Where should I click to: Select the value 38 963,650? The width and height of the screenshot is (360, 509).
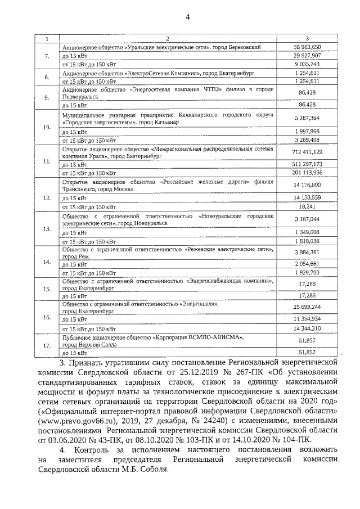click(x=307, y=47)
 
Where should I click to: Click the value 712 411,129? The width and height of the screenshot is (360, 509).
click(x=307, y=152)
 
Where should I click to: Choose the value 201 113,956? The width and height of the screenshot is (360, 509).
click(x=307, y=172)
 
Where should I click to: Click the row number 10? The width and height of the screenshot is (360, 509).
click(x=47, y=127)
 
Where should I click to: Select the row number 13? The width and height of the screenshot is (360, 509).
click(x=47, y=228)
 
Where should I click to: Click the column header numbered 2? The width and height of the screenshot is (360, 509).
click(x=167, y=38)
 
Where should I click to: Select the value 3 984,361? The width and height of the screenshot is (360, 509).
click(x=307, y=252)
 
